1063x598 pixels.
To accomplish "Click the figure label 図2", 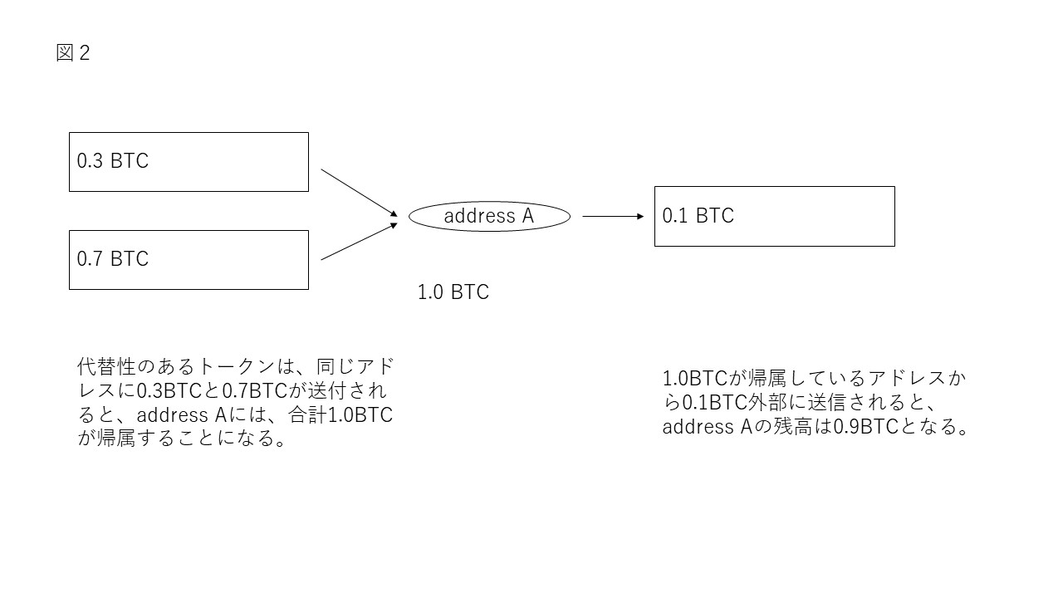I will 72,53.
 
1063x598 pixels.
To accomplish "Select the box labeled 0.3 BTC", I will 189,162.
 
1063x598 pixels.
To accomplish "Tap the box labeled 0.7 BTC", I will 189,260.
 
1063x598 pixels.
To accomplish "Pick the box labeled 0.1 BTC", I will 774,216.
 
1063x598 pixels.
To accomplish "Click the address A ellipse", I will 489,217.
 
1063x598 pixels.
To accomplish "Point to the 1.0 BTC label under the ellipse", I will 453,292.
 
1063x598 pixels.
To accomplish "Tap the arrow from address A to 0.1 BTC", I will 613,217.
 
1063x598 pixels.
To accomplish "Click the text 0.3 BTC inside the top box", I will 113,161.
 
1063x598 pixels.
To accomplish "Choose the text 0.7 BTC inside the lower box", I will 113,259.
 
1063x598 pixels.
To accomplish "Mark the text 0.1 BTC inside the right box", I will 698,216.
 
